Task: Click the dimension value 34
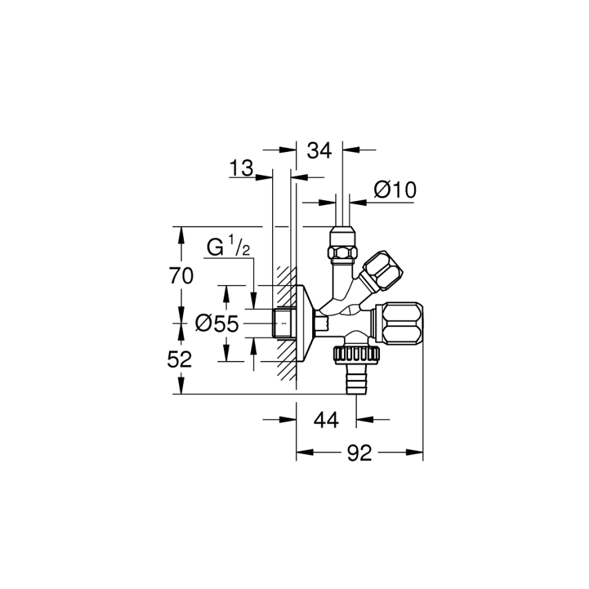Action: (319, 150)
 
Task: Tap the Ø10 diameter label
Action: (395, 190)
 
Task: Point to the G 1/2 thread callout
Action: (228, 247)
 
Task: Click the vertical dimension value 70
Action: (180, 275)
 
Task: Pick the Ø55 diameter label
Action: (216, 324)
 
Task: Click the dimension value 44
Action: (326, 420)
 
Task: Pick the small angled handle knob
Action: (381, 271)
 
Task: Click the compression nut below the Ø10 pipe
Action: (343, 244)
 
